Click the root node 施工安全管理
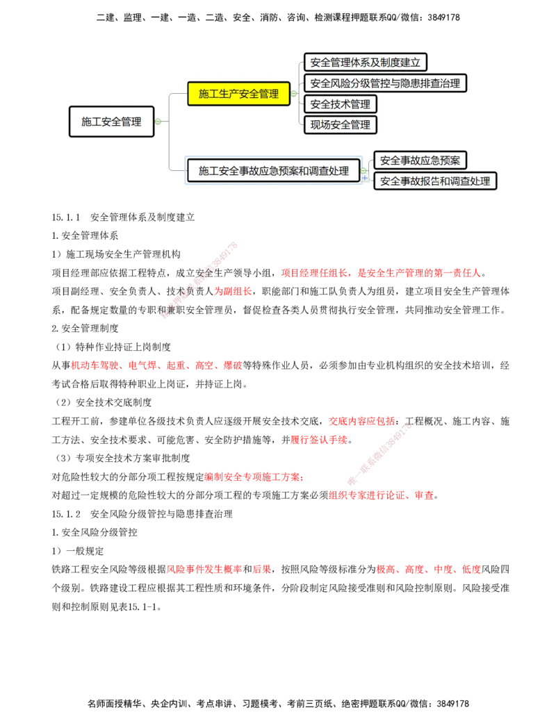111,122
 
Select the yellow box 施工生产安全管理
238,94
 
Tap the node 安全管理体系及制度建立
365,63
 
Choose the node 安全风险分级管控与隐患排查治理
385,83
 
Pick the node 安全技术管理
341,104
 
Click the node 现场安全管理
341,125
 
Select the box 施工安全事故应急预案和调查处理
274,170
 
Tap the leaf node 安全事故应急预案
420,160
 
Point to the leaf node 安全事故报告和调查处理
435,181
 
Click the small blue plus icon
365,178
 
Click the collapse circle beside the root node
158,122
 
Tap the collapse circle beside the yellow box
294,94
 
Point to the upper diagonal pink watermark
199,279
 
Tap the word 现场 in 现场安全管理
320,125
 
